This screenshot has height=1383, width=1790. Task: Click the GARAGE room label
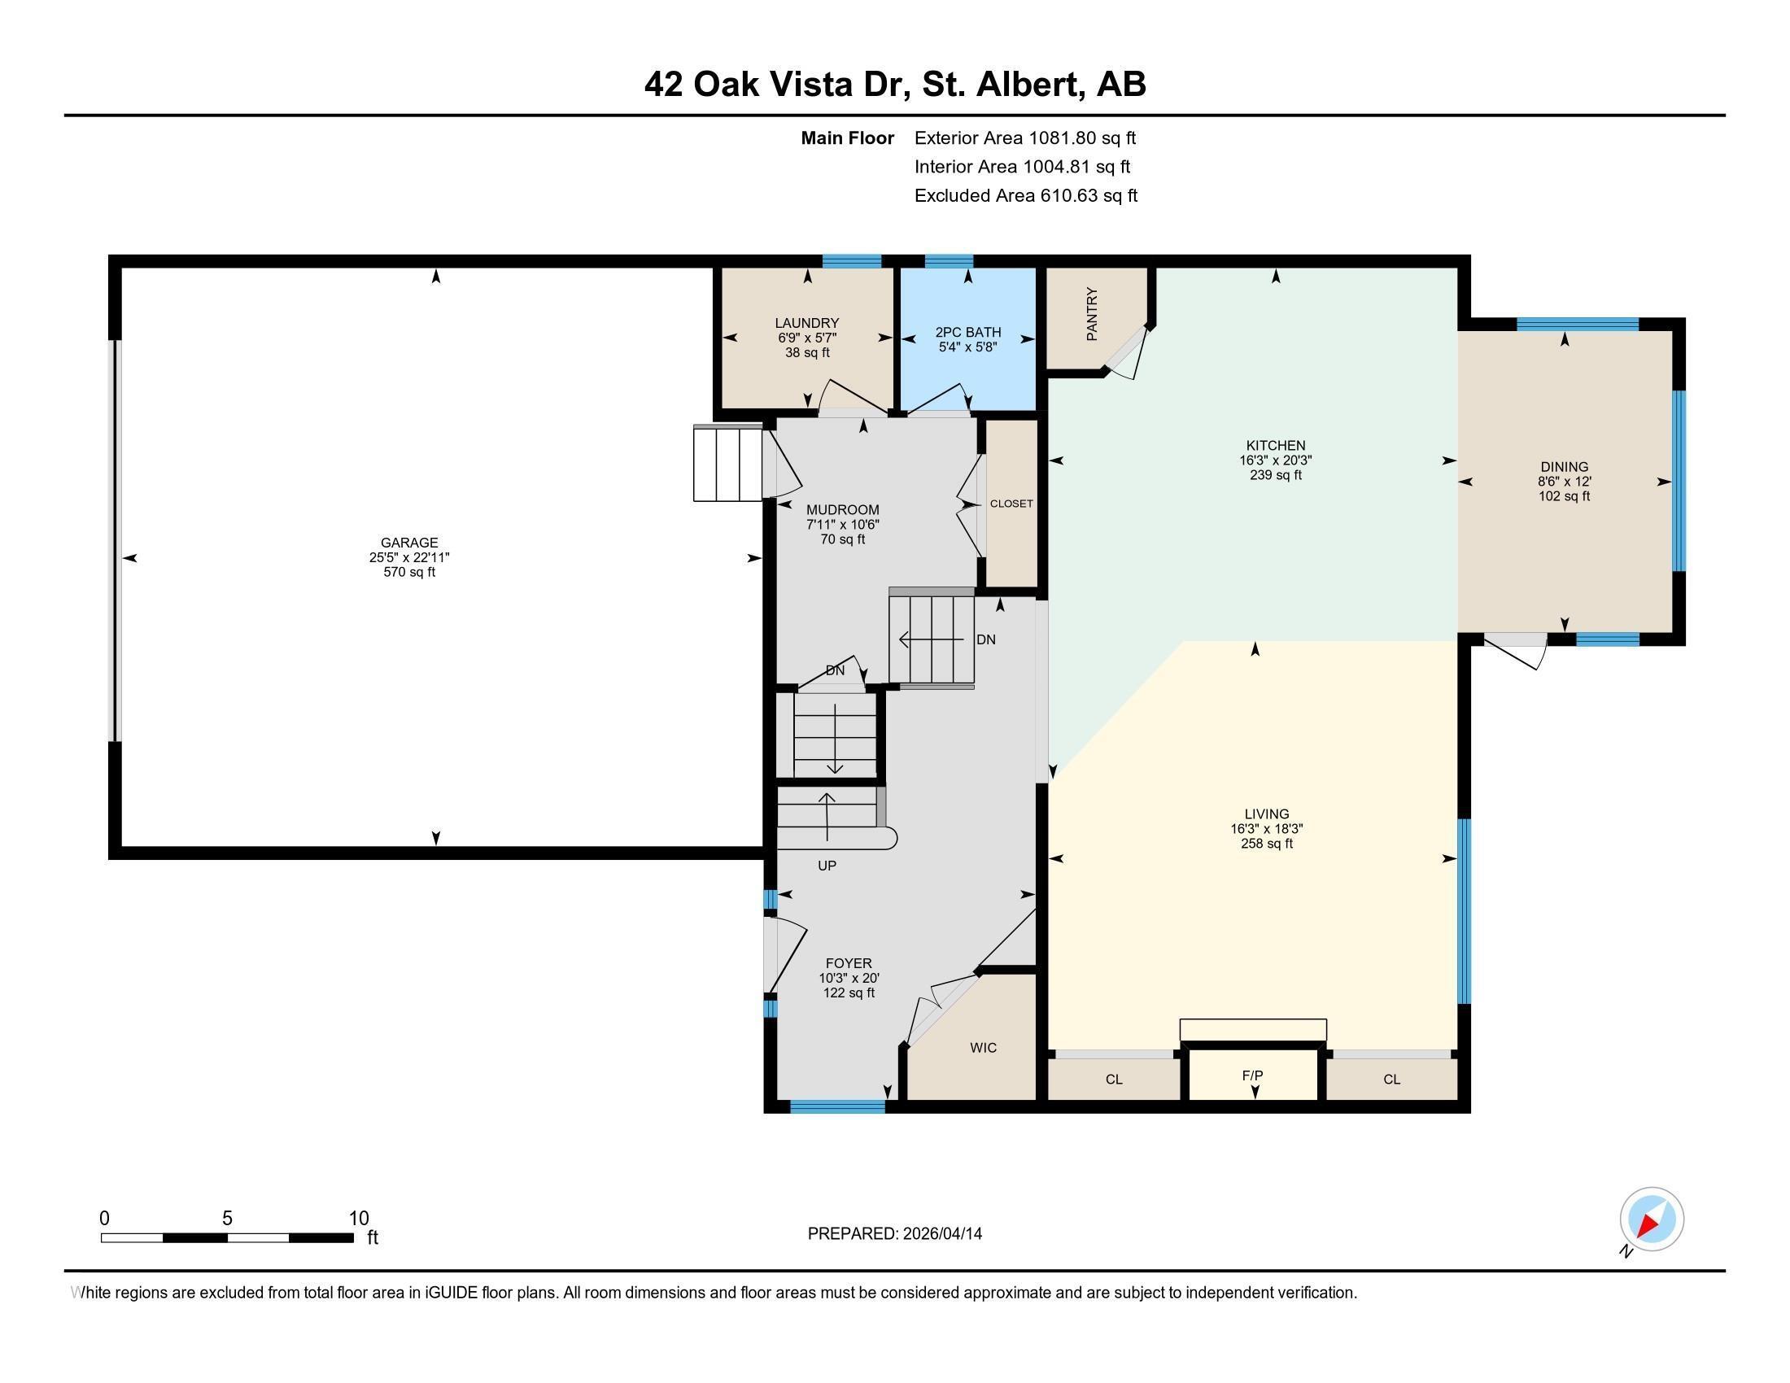click(409, 543)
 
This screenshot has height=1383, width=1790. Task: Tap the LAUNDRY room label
click(806, 323)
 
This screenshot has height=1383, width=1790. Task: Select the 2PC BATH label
click(968, 332)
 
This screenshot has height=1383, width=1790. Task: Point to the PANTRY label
click(1092, 314)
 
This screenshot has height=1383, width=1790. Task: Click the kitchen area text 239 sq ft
click(1275, 475)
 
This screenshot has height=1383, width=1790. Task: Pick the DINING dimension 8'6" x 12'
click(1564, 482)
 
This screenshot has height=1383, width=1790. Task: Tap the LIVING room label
click(1266, 814)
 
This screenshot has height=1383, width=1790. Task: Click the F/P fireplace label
click(1251, 1075)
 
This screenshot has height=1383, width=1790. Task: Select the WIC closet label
click(983, 1047)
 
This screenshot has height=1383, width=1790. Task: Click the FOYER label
click(849, 962)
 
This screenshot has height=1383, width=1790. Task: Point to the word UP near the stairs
click(826, 866)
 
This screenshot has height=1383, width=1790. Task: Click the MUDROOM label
click(842, 509)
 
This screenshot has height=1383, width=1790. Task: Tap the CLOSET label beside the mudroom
click(1011, 503)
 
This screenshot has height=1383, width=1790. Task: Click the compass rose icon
click(1651, 1219)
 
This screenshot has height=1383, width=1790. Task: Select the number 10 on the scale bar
click(358, 1218)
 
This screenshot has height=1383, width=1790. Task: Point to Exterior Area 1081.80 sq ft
click(1024, 137)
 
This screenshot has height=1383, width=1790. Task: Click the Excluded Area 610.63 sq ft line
click(1025, 195)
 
